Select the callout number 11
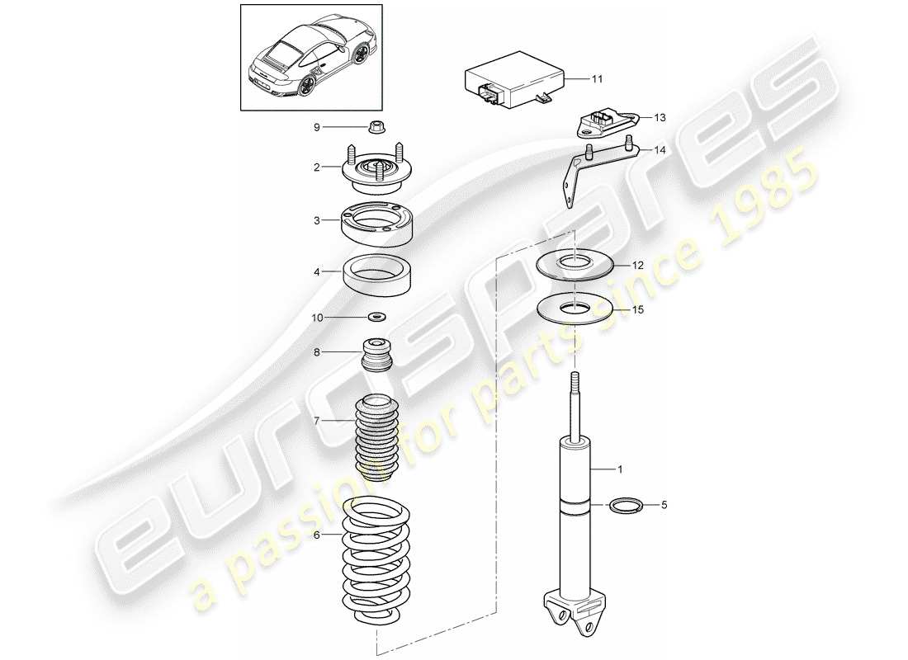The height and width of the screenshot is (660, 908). (598, 79)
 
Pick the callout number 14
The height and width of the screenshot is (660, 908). (660, 150)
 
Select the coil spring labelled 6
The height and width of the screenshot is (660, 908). (376, 561)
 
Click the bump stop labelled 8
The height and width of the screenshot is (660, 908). (377, 357)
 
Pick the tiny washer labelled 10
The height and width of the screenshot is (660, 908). (378, 316)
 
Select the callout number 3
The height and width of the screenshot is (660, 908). (316, 220)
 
